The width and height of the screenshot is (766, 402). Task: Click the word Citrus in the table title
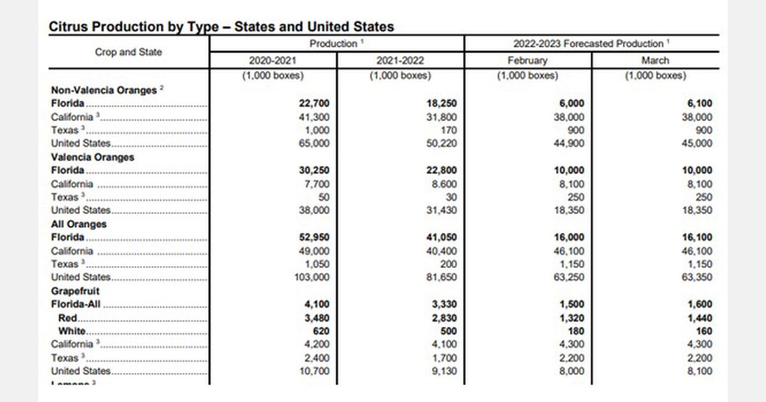(66, 27)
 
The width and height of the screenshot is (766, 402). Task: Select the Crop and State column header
(128, 52)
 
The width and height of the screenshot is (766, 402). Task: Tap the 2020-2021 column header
(273, 61)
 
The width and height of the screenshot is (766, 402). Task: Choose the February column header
(528, 61)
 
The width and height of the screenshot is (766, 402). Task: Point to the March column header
(655, 61)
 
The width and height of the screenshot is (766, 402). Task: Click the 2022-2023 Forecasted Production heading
(591, 43)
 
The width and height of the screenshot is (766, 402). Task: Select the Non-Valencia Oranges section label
(103, 90)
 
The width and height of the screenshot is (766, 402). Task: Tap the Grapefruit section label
(75, 291)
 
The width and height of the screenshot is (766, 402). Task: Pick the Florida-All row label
(77, 304)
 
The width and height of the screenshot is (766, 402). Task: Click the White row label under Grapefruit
(71, 331)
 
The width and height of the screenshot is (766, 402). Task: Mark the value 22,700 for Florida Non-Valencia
(314, 103)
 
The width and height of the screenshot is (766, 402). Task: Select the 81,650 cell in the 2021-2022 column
(442, 278)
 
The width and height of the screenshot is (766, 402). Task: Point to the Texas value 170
(449, 130)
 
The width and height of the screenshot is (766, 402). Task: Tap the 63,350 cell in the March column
(697, 278)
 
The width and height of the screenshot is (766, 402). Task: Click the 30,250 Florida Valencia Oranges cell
(314, 170)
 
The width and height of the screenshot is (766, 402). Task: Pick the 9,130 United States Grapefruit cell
(444, 371)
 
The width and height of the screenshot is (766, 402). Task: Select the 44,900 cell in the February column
(569, 144)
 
